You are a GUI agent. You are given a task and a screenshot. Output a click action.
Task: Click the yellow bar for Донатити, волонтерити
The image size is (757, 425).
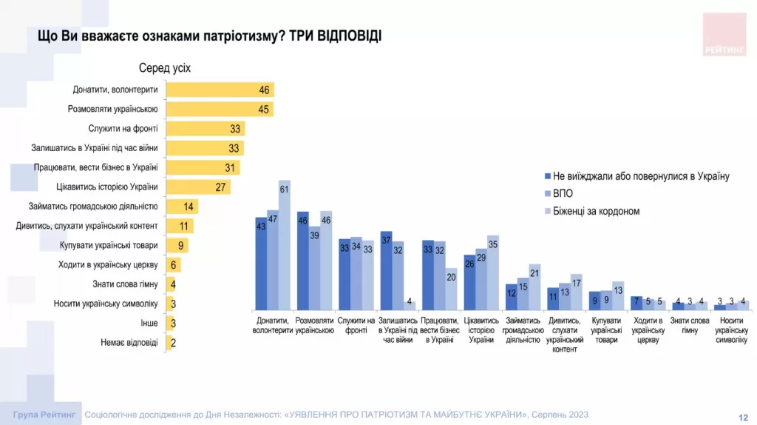click(x=220, y=90)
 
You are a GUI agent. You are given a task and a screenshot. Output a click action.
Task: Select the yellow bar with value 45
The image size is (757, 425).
click(x=220, y=109)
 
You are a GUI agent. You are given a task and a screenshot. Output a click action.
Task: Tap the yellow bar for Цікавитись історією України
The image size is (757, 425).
click(x=198, y=187)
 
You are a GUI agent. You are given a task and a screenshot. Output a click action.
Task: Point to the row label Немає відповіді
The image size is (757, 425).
click(x=129, y=343)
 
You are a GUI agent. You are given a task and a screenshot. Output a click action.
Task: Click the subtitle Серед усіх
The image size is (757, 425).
click(x=165, y=68)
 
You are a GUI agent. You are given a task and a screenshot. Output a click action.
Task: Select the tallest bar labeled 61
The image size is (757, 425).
click(x=285, y=245)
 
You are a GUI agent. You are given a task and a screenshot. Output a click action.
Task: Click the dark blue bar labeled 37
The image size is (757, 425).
click(x=386, y=270)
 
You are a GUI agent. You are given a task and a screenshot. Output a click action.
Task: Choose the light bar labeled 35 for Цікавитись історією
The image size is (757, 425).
click(x=493, y=272)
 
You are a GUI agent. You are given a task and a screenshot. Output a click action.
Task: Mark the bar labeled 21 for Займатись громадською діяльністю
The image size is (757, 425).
click(x=534, y=287)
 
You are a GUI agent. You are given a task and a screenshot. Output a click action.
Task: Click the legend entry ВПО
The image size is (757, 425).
click(x=563, y=194)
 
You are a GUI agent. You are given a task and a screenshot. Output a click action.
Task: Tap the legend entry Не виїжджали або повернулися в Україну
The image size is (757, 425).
click(x=641, y=176)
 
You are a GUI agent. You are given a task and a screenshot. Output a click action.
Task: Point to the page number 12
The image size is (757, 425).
click(x=743, y=417)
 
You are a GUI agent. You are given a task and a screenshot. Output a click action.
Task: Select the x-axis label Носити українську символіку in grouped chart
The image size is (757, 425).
click(x=730, y=329)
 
